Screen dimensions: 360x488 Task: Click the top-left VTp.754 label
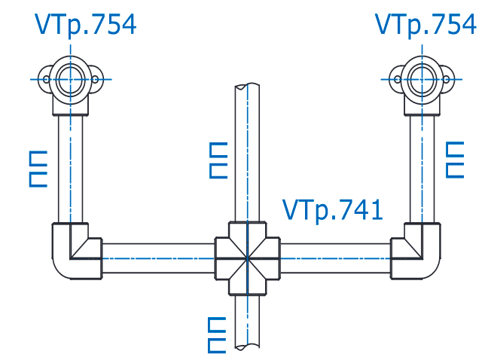click(85, 24)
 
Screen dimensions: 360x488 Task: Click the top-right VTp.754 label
click(425, 24)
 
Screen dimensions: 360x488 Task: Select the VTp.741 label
click(332, 209)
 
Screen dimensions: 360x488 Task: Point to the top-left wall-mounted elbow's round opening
click(72, 78)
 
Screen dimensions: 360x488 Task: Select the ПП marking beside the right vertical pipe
click(456, 159)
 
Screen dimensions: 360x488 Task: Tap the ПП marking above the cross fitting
click(218, 159)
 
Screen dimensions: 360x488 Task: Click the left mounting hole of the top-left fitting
click(47, 78)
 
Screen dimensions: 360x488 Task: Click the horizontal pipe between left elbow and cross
click(158, 257)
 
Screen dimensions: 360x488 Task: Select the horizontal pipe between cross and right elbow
click(335, 257)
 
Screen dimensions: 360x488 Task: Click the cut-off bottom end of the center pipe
click(247, 347)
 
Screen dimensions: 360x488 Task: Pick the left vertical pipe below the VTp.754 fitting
click(71, 169)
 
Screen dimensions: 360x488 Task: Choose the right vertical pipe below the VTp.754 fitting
click(422, 169)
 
